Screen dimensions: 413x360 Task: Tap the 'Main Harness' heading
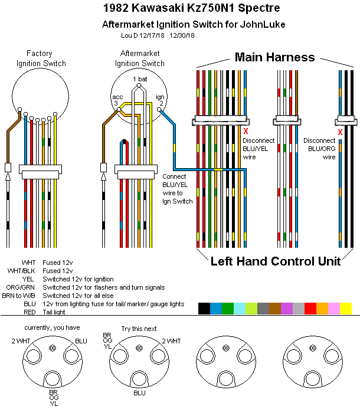274,57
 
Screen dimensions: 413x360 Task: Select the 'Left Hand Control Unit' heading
276,261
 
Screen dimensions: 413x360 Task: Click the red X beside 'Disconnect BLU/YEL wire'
246,132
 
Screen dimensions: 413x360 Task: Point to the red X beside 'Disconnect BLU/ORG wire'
340,132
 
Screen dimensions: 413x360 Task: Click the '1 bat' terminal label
139,79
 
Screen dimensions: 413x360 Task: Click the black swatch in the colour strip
204,308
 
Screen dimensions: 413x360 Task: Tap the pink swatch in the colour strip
333,308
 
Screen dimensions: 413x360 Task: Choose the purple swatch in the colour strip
286,308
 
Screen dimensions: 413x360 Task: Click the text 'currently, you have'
51,327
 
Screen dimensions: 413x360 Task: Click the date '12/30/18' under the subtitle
182,35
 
